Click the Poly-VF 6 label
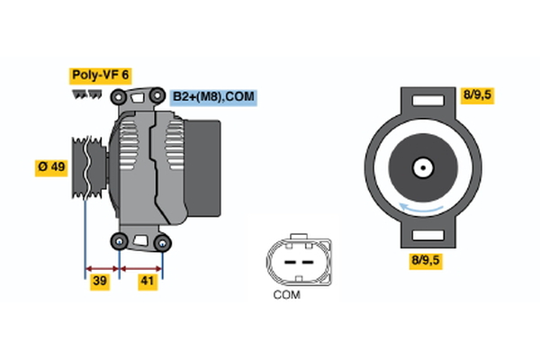point(99,76)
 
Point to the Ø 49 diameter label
point(50,167)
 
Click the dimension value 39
point(100,283)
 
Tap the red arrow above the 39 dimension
point(102,267)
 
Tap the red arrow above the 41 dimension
point(141,267)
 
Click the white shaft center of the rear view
point(421,166)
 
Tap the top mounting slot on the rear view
point(422,102)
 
